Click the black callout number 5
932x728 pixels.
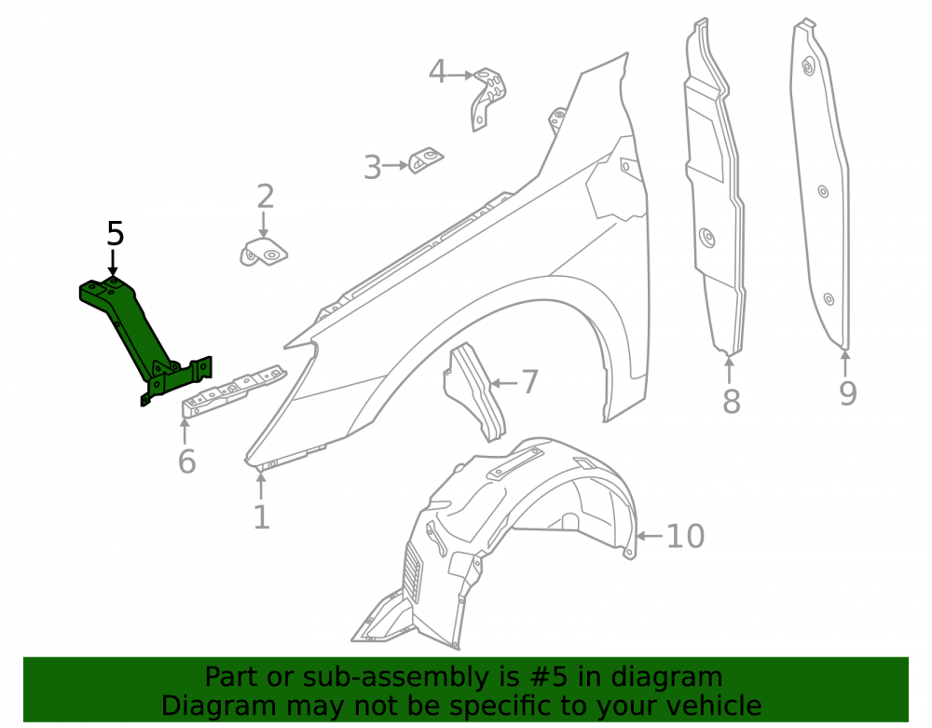coord(116,234)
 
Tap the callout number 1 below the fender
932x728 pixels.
coord(262,517)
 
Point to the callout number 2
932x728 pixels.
coord(265,197)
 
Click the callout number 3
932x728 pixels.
coord(372,168)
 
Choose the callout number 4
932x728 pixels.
coord(437,72)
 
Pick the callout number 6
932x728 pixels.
coord(186,461)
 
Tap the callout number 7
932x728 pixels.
coord(529,381)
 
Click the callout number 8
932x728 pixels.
coord(731,402)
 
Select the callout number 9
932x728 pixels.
coord(847,393)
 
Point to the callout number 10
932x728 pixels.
coord(685,536)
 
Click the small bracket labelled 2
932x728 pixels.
coord(264,252)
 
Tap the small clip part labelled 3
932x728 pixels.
coord(426,160)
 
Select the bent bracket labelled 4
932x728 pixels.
coord(488,98)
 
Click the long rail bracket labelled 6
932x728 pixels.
coord(233,391)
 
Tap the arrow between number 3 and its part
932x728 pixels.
coord(395,166)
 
